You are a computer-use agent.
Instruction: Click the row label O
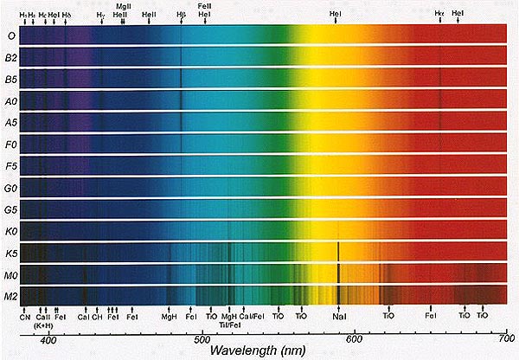pos(10,35)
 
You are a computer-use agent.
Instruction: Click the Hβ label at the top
pos(180,16)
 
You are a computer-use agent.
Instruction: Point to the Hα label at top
pos(439,14)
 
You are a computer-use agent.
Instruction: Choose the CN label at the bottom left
pos(24,318)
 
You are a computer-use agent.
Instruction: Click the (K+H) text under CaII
pos(43,326)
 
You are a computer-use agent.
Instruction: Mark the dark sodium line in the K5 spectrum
pos(337,253)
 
